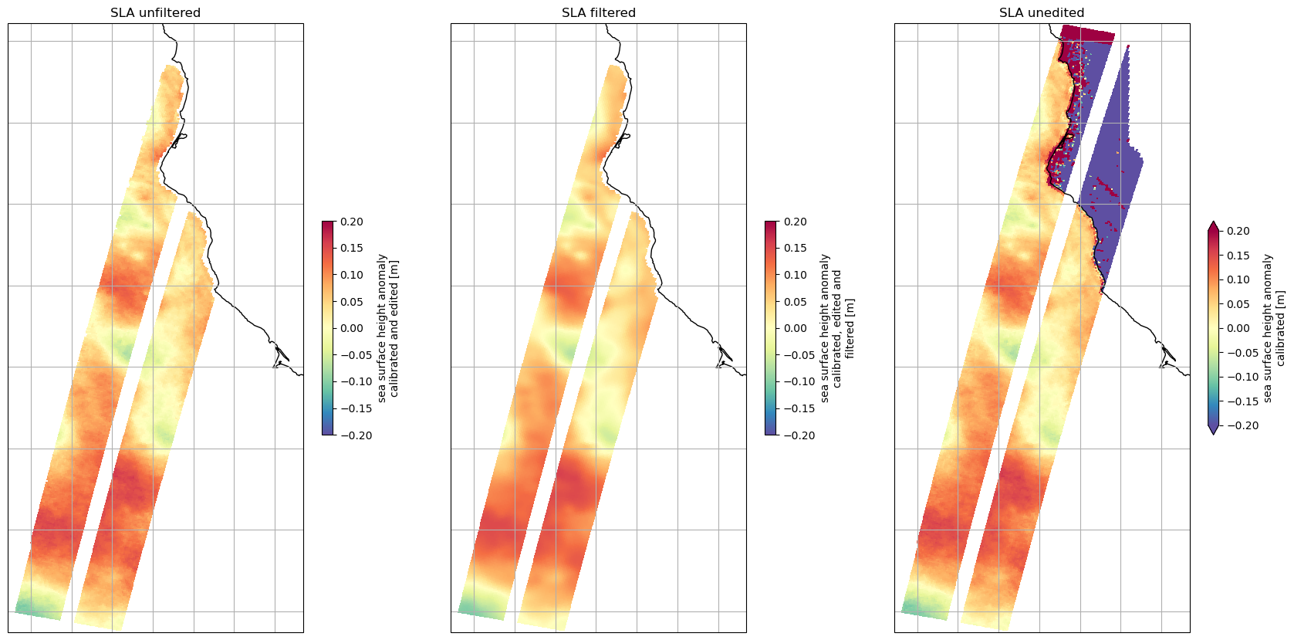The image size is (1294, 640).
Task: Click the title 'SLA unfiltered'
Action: [155, 12]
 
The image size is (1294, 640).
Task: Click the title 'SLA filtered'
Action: [598, 12]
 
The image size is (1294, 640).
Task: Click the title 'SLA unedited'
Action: [1041, 12]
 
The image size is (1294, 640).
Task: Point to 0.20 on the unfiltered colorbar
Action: [352, 222]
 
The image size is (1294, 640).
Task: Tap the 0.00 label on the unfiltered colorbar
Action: [352, 328]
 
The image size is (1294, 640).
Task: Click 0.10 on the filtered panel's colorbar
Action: [795, 275]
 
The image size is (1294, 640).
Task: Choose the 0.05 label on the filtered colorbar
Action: [795, 302]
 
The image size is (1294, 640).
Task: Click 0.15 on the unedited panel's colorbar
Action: [1238, 256]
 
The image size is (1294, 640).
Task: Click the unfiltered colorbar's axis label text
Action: [387, 328]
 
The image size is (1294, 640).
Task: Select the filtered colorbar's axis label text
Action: [837, 328]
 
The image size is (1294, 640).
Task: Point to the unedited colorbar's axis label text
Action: [1274, 328]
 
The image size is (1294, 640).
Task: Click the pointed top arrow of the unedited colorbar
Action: [1213, 225]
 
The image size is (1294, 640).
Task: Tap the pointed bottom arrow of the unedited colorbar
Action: [1213, 430]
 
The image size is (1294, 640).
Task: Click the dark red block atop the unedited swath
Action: [1088, 35]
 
